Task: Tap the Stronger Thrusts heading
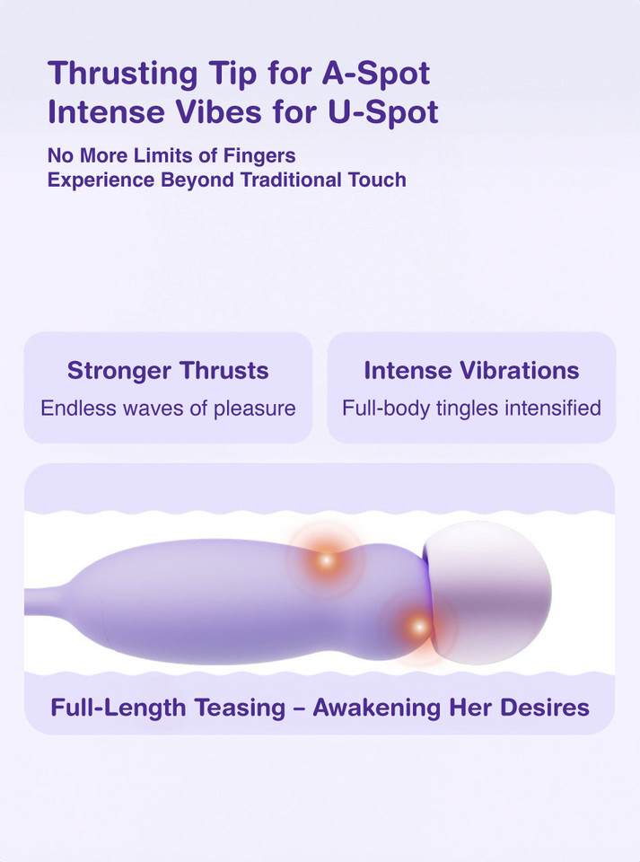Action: (x=168, y=371)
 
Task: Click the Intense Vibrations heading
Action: (x=471, y=371)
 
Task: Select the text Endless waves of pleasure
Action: (x=168, y=409)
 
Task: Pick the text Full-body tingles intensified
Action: (x=471, y=409)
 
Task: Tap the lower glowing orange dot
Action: (x=416, y=626)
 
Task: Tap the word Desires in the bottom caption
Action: (x=546, y=707)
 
